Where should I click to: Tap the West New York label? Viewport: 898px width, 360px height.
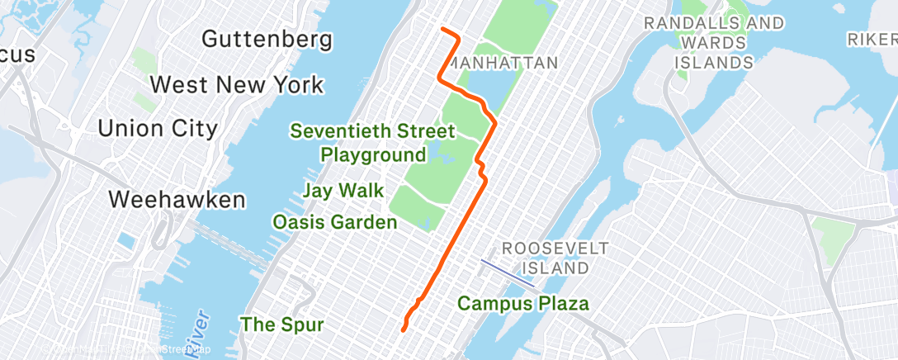click(237, 84)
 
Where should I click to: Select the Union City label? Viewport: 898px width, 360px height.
click(158, 128)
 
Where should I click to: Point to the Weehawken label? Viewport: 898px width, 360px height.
click(177, 199)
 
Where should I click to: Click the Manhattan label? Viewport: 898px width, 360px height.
click(506, 63)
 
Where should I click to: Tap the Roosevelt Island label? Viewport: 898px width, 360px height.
click(555, 258)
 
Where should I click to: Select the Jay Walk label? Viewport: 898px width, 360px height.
click(343, 191)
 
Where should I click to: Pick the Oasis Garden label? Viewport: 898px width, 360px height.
click(335, 222)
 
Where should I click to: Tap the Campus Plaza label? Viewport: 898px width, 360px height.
click(523, 303)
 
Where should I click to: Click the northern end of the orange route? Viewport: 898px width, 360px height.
click(443, 30)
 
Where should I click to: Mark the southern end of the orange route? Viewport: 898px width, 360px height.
click(403, 329)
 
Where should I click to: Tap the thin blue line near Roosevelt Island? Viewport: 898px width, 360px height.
click(508, 274)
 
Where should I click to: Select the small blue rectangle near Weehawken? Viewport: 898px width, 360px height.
click(126, 241)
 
